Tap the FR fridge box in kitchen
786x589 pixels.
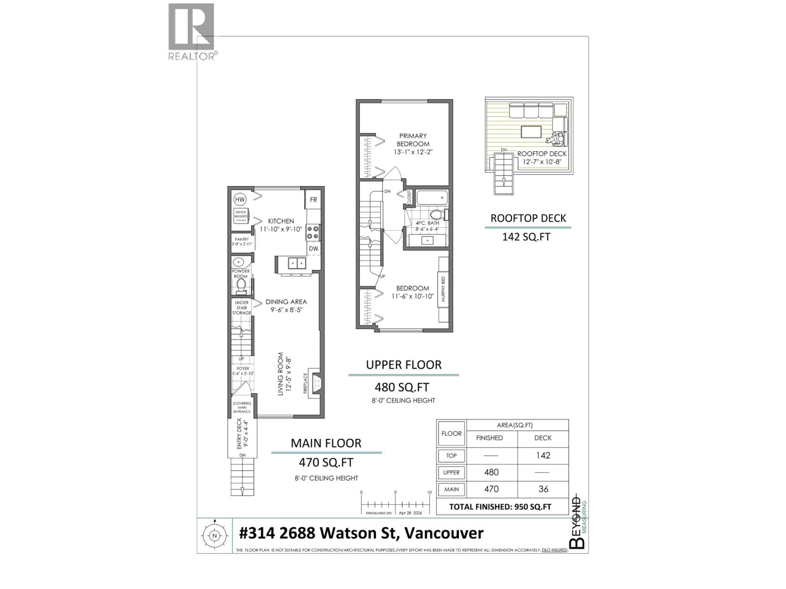tap(313, 200)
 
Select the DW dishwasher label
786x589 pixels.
tap(313, 248)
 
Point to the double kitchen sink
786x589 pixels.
tap(297, 263)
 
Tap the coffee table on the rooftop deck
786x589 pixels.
tap(531, 132)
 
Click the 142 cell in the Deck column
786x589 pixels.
tap(543, 455)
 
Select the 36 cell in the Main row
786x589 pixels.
tap(543, 489)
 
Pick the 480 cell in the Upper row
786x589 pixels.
tap(491, 472)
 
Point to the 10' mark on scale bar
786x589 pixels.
tap(429, 492)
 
